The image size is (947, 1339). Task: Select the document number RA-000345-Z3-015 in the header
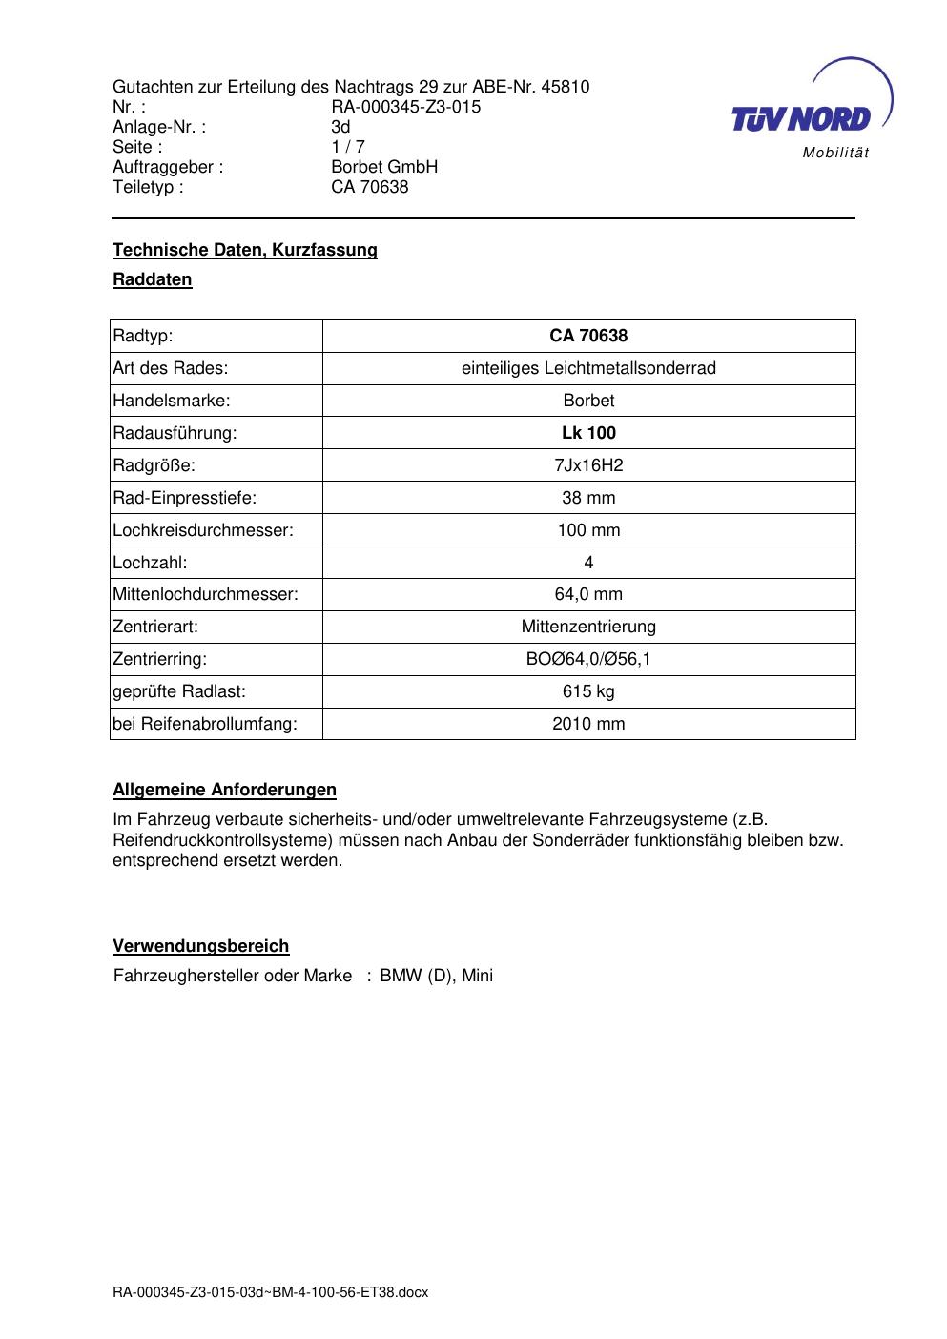pos(405,107)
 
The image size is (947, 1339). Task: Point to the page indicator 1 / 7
pos(348,147)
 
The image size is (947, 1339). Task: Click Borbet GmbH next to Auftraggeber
pos(384,167)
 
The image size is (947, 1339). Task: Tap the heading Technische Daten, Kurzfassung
pos(245,250)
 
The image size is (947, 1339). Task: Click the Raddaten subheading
pos(153,279)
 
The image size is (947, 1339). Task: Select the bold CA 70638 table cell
pos(588,336)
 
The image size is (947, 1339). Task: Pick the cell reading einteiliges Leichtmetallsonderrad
pos(588,368)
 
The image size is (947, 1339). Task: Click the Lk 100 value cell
pos(588,433)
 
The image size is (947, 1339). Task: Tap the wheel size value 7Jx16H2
pos(588,465)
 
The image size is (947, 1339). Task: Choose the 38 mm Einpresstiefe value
pos(588,498)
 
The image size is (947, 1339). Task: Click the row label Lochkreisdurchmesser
pos(203,530)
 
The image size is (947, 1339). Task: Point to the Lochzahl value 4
pos(588,563)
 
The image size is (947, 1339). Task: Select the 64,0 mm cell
pos(588,594)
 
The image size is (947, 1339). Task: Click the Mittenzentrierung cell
pos(588,627)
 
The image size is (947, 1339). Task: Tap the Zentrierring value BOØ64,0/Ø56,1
pos(588,659)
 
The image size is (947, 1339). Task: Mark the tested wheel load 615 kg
pos(588,691)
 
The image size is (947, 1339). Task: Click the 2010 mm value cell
pos(588,724)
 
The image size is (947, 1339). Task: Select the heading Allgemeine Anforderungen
pos(225,790)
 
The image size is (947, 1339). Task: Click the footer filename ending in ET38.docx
pos(271,1293)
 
